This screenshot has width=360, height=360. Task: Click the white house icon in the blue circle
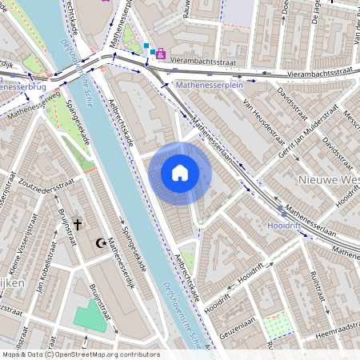180,173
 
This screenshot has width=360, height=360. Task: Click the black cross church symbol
78,225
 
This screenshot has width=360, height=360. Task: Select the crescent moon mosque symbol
101,242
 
